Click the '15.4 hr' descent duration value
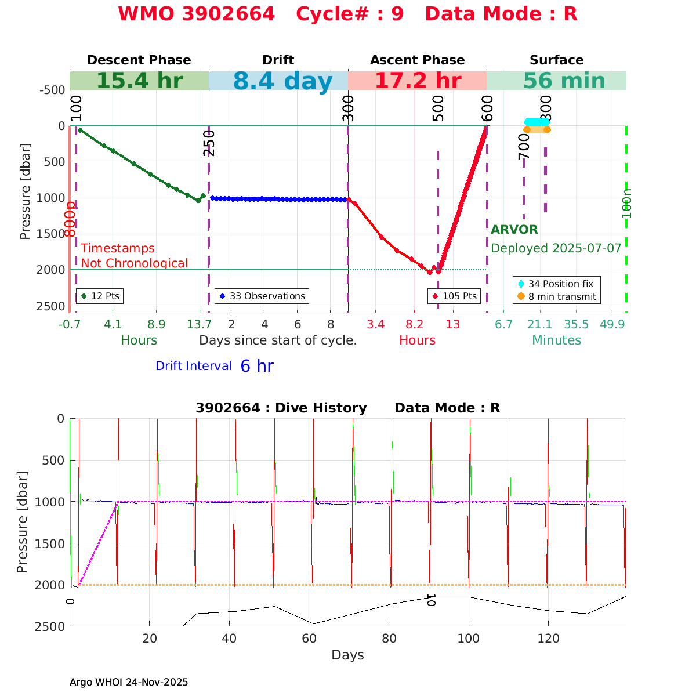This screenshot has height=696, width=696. coord(139,81)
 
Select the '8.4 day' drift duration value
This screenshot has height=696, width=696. coord(283,82)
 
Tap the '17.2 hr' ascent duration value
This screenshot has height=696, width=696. coord(418,81)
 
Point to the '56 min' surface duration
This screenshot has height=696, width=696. coord(556,81)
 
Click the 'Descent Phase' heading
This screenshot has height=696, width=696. coord(139,60)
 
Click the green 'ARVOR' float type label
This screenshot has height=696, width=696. coord(514,230)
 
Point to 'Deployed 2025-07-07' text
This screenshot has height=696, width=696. coord(556,248)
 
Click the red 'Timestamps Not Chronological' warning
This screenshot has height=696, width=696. coord(135,256)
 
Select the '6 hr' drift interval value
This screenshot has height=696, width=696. coord(257,366)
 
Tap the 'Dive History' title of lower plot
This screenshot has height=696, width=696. coord(281,408)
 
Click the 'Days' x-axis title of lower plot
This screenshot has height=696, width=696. coord(348,655)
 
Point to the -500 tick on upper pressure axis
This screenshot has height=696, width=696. coord(52,90)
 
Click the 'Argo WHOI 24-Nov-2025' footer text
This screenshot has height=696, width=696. coord(129,682)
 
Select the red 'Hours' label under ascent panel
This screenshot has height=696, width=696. coord(417,340)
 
